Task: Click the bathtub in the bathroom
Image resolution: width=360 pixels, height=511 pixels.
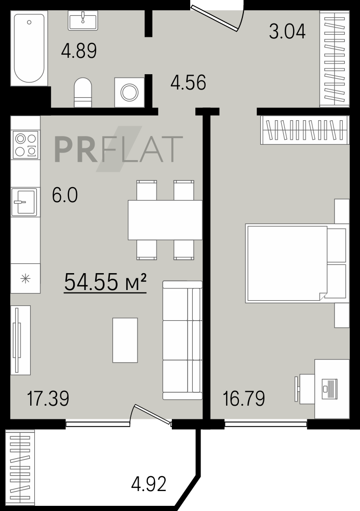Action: tap(29, 48)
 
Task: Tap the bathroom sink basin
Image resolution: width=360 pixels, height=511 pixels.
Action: tap(83, 20)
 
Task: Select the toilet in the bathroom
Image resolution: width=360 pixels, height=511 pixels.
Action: tap(83, 93)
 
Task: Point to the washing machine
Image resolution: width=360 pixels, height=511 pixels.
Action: tap(130, 92)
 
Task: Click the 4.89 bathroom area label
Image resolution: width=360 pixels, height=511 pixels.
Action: tap(79, 51)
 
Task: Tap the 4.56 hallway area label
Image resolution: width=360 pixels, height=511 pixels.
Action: tap(188, 82)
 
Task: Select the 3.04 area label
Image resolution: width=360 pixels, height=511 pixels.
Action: tap(287, 32)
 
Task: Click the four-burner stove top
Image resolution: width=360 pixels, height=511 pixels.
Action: tap(26, 144)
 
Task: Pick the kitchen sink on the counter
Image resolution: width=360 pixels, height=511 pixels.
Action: tap(24, 202)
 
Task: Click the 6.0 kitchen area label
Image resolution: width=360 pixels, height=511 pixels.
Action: tap(65, 195)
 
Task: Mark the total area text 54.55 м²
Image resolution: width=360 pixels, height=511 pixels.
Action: tap(105, 282)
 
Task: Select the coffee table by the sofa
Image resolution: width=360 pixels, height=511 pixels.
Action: tap(125, 340)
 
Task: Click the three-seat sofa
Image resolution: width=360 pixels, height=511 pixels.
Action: tap(183, 340)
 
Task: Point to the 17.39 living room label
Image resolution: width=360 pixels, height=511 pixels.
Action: tap(48, 398)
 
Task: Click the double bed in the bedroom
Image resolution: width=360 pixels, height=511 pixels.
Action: tap(296, 263)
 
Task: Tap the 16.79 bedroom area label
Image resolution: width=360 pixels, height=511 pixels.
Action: tap(244, 398)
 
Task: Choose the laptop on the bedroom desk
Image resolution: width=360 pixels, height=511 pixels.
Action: tap(329, 388)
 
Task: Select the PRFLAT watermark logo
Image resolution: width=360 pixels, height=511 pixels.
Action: tap(118, 149)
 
